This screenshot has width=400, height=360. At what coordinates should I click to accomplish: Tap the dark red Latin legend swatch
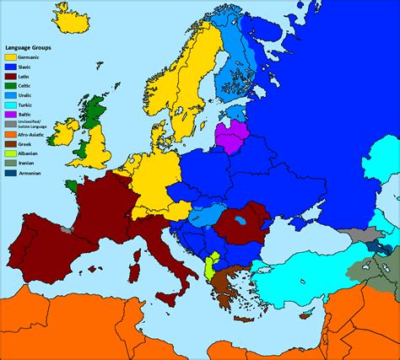10,77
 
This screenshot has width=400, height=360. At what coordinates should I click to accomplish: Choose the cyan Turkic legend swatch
10,105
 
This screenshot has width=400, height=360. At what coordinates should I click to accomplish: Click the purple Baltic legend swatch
10,116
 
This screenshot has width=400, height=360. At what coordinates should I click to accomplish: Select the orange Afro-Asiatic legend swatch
10,135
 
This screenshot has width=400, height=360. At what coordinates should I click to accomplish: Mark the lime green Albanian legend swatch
10,153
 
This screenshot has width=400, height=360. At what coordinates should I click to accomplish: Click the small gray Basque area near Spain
66,228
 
